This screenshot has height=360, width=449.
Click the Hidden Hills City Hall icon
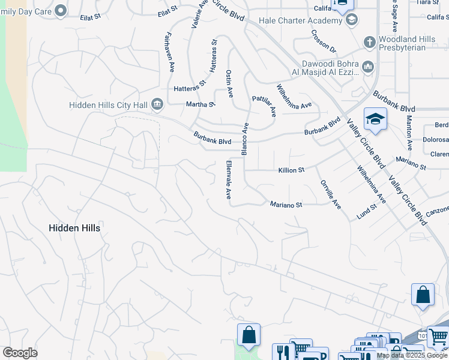point(157,105)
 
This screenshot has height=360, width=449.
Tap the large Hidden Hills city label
point(74,228)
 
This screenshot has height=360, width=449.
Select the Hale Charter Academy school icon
point(352,20)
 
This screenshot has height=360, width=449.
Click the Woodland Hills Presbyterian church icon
point(370,43)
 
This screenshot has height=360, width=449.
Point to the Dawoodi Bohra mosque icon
point(368,68)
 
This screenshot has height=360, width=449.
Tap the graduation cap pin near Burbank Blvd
point(375,119)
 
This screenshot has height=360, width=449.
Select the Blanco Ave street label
point(245,140)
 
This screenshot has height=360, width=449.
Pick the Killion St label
point(291,170)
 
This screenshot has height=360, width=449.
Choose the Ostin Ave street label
point(229,83)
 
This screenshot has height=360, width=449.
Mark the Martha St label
point(200,104)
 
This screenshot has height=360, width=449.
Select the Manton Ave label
point(409,134)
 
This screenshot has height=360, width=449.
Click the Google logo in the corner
point(20,353)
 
